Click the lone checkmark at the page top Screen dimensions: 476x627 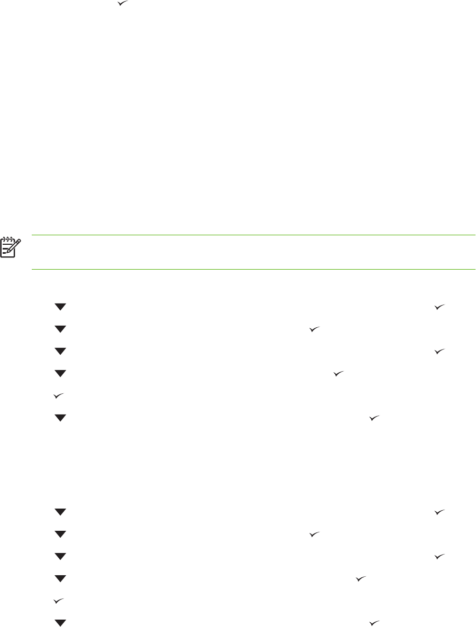click(x=122, y=4)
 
